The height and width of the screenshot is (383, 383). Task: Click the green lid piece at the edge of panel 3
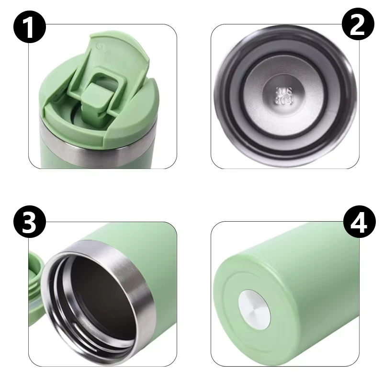34,287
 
